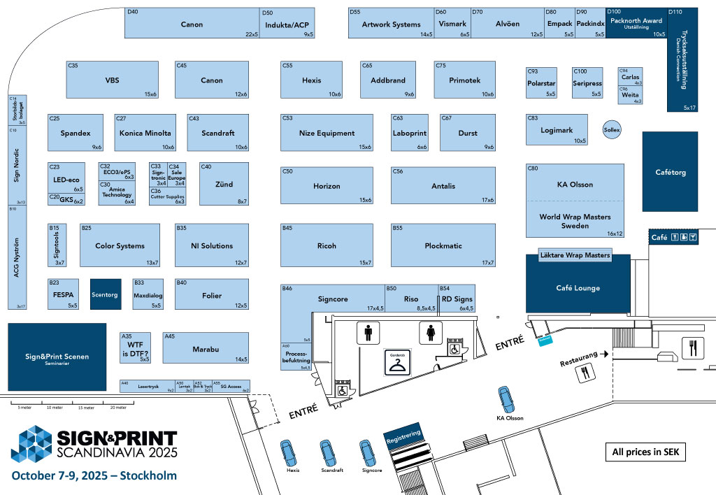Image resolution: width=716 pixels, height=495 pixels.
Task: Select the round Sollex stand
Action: [x=612, y=130]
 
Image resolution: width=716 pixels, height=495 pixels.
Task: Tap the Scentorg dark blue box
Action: [x=105, y=295]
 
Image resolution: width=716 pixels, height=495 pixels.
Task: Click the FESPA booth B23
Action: [x=63, y=294]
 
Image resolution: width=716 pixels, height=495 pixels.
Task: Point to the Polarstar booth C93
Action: [x=542, y=82]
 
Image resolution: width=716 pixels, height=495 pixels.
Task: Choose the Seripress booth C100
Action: [x=587, y=82]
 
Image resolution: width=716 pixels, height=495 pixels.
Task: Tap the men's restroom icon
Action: [x=368, y=333]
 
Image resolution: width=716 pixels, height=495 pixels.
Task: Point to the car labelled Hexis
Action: [x=287, y=454]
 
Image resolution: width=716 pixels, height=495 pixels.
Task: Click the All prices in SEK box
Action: [x=645, y=452]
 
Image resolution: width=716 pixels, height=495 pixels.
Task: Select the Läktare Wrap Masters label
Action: [x=575, y=255]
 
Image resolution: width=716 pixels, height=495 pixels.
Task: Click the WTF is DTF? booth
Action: [x=135, y=347]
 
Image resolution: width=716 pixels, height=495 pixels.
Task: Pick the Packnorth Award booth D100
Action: [x=636, y=23]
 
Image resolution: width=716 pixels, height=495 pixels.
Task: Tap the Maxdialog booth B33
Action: [x=148, y=294]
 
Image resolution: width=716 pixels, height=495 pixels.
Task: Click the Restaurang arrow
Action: [x=603, y=355]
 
